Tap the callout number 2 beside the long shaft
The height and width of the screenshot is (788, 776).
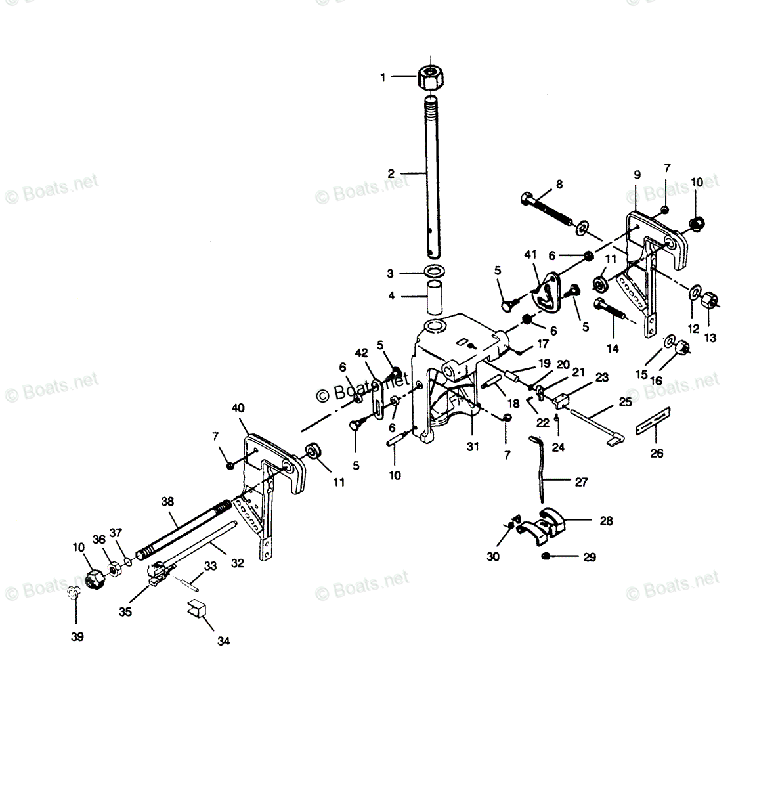tap(391, 173)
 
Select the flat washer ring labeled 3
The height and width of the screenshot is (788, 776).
tap(433, 271)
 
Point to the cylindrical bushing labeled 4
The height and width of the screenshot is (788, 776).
tap(433, 297)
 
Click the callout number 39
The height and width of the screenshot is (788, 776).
tap(77, 637)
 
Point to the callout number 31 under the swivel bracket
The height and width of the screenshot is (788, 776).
tap(473, 447)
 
